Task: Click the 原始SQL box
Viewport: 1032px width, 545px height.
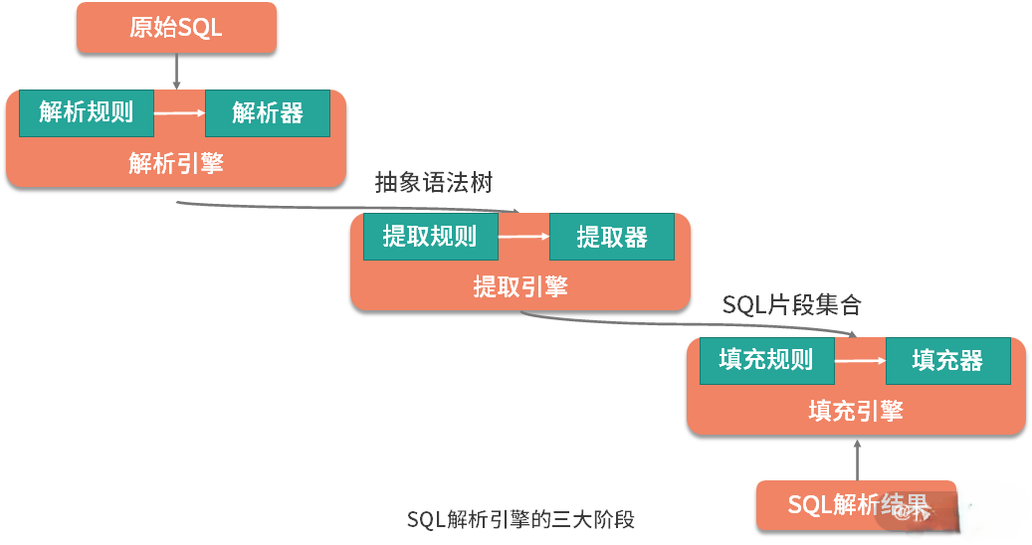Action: coord(175,27)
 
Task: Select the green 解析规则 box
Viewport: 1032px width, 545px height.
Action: coord(87,111)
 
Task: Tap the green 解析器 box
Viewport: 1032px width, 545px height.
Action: coord(268,112)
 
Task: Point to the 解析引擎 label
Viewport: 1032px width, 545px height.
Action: coord(175,162)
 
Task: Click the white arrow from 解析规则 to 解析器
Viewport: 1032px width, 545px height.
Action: coord(179,112)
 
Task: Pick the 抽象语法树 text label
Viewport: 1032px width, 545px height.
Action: coord(433,183)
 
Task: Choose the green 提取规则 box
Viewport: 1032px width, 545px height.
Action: coord(430,237)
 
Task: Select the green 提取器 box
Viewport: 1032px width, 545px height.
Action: coord(612,237)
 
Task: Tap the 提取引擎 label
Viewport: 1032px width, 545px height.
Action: coord(519,286)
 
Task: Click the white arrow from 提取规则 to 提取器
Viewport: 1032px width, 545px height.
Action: coord(523,237)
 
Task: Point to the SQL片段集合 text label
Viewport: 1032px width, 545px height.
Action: coord(791,305)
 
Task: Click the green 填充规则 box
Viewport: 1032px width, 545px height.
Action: coord(766,360)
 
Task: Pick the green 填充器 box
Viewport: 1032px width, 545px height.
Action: coord(947,360)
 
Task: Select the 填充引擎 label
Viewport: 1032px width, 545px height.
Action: coord(856,410)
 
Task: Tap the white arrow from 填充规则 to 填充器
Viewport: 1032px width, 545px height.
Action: coord(860,360)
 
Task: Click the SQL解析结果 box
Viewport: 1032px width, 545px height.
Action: coord(856,505)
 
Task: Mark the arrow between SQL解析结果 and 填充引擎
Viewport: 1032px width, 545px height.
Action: coord(857,458)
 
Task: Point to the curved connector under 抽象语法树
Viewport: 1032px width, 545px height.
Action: coord(348,207)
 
